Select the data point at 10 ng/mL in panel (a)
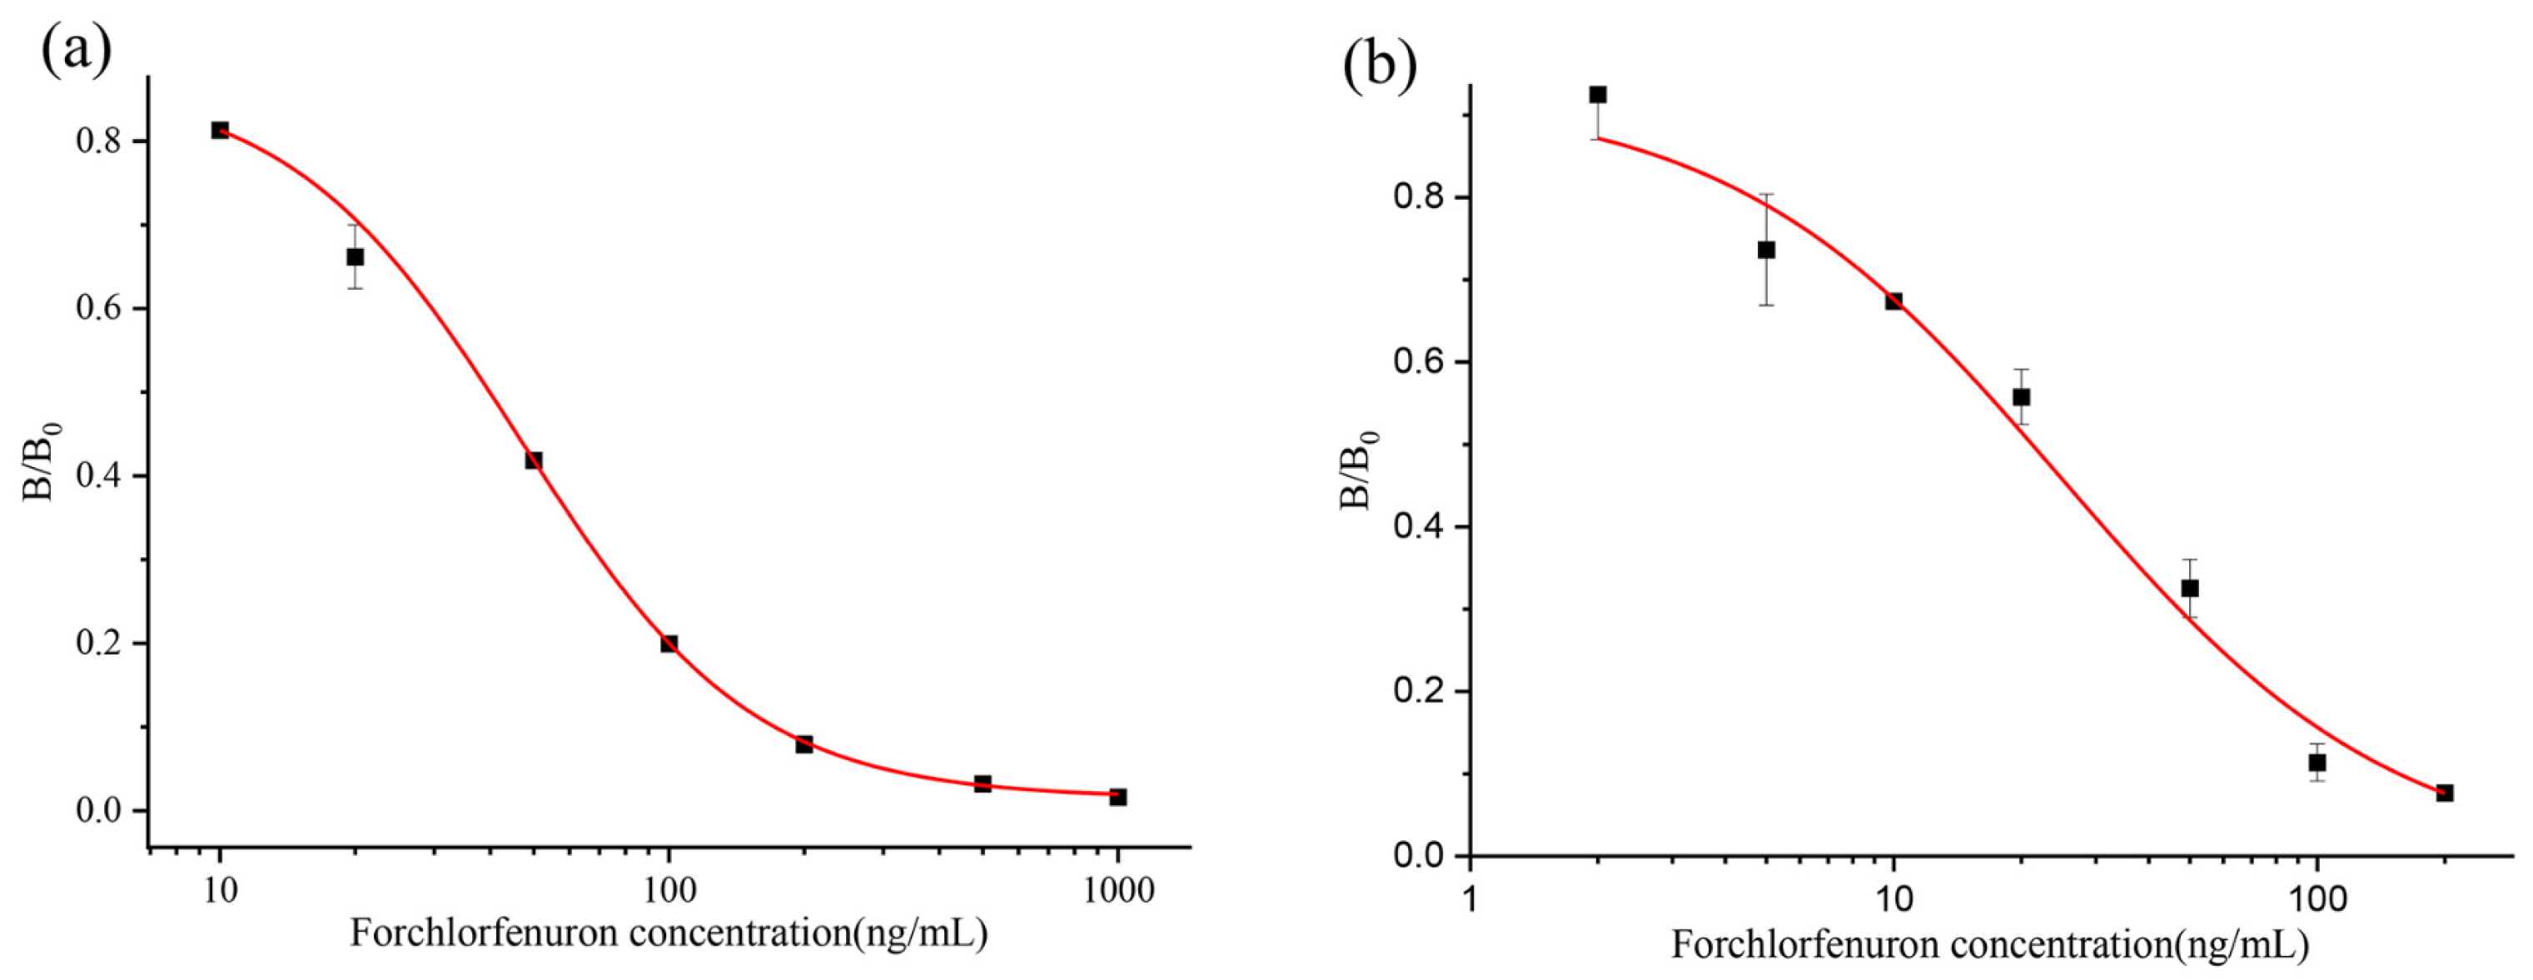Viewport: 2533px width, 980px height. pos(221,131)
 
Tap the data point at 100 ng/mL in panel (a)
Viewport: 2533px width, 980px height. pos(669,644)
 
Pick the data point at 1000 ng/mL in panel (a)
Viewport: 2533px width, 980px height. pos(1118,797)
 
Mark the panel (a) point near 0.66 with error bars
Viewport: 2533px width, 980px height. pos(355,257)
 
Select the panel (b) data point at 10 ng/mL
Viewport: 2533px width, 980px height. pos(1894,301)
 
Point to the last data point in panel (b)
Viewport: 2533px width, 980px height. pos(2445,793)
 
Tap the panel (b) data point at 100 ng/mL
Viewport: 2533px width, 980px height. pos(2317,763)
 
